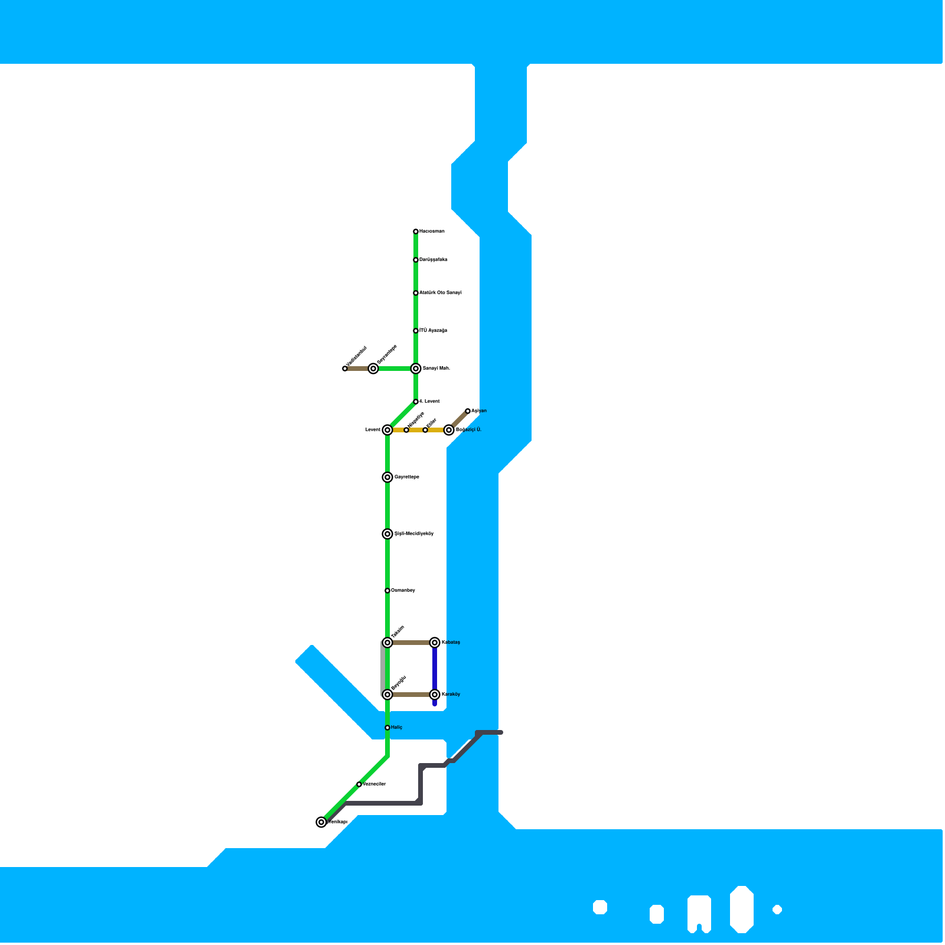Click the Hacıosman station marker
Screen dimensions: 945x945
coord(416,232)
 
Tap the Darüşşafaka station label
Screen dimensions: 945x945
coord(434,260)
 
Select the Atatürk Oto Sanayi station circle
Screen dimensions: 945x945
coord(416,293)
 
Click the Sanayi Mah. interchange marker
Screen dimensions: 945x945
coord(416,369)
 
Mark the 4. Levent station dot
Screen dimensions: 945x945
coord(416,402)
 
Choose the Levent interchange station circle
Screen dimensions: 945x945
coord(387,430)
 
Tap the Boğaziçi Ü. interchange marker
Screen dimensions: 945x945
coord(449,430)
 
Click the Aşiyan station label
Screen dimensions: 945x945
coord(479,411)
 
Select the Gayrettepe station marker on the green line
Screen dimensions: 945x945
coord(387,477)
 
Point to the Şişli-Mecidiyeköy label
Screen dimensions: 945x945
coord(414,534)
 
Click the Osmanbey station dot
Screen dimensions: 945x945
coord(387,591)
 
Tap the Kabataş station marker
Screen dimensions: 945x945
coord(435,643)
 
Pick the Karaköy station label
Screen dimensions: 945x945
coord(451,695)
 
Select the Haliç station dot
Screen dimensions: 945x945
coord(387,728)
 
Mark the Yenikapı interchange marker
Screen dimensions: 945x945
coord(321,822)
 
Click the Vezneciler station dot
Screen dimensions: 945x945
coord(359,784)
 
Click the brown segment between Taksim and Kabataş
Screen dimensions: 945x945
coord(411,643)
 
